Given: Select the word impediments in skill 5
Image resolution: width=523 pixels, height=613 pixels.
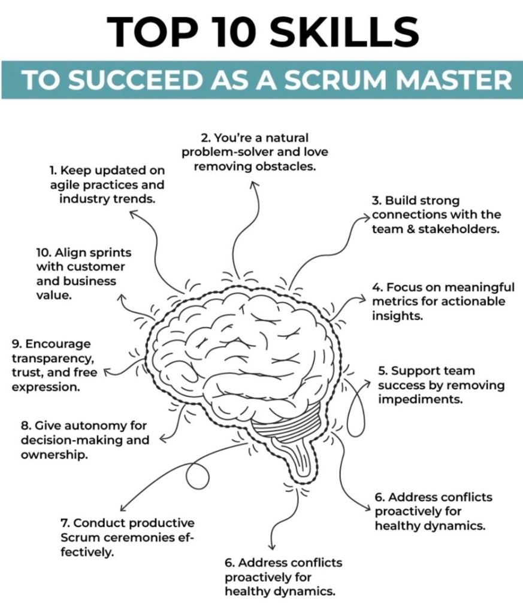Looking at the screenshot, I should click(x=420, y=399).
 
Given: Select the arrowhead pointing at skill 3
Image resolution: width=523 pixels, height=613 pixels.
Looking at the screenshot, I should click(x=368, y=216).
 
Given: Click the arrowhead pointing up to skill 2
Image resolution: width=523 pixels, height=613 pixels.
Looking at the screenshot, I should click(x=254, y=184).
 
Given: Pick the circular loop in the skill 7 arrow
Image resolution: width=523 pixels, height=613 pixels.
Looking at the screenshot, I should click(x=197, y=475).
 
